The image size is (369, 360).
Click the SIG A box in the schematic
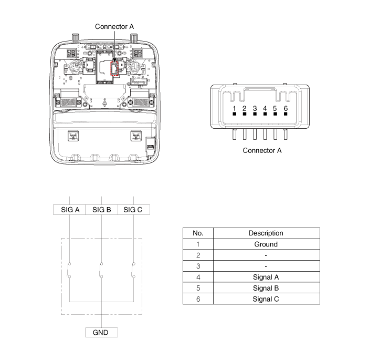[69, 210]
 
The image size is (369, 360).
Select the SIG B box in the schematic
[101, 210]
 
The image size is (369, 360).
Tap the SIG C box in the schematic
[134, 210]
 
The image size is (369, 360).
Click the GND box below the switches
[101, 332]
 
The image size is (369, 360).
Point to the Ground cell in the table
[267, 244]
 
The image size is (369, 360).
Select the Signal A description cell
[267, 277]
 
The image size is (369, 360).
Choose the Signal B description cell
[267, 288]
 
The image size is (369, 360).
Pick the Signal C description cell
[267, 299]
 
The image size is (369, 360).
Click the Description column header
[267, 233]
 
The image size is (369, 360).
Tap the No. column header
[198, 233]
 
